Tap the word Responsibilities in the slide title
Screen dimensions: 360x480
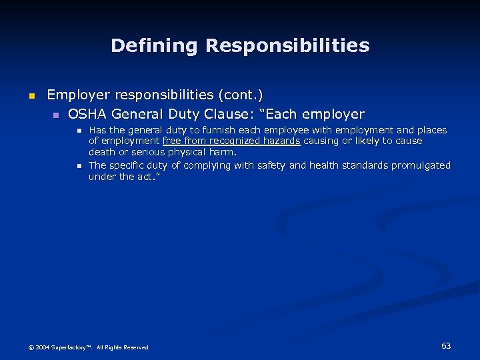[287, 45]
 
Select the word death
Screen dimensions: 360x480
[102, 152]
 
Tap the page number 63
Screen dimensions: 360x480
[446, 346]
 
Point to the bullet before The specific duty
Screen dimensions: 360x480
[78, 166]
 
